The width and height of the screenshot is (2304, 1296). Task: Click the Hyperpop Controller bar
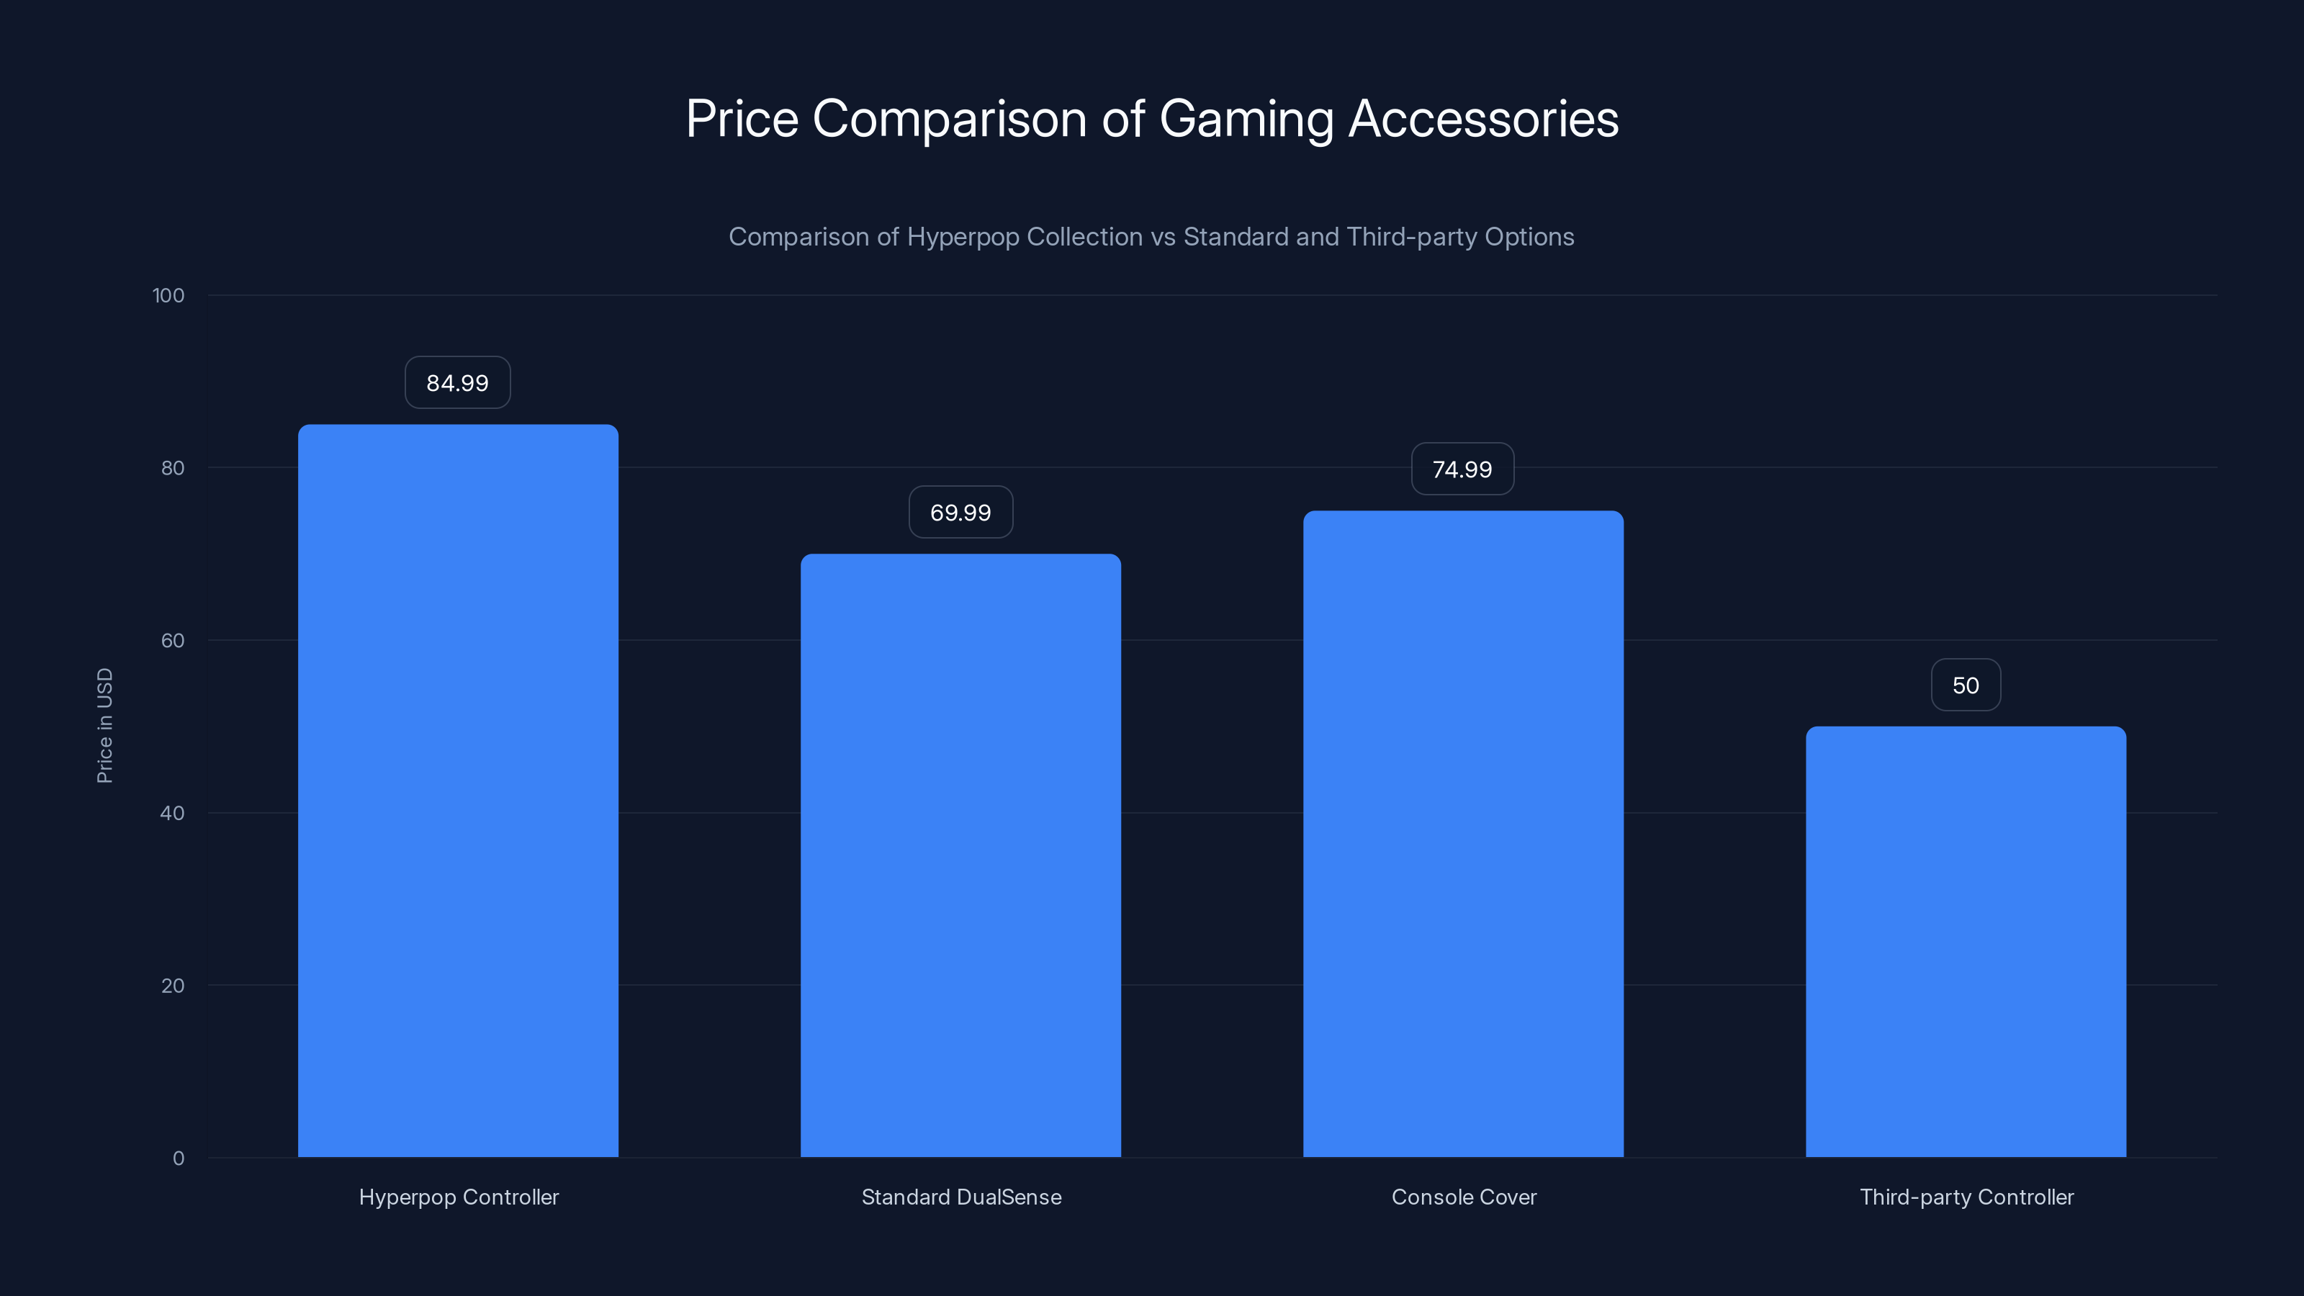[x=458, y=791]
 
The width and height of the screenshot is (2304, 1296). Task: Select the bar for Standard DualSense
[x=960, y=855]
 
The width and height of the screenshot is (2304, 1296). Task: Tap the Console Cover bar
[x=1463, y=834]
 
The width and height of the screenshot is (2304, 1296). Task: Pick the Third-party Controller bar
[x=1966, y=941]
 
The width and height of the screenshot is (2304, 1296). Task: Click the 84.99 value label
[x=457, y=383]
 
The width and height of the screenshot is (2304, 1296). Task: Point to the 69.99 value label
[x=960, y=513]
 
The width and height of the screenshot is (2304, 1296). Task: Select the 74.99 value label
[x=1462, y=469]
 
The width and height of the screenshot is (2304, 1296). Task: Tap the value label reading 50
[x=1966, y=685]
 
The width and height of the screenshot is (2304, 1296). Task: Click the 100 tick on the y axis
[x=168, y=295]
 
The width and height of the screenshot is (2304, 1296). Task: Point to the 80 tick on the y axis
[x=173, y=468]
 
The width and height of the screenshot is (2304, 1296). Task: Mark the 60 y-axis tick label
[x=173, y=640]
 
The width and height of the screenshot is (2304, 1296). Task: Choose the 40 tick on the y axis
[x=173, y=813]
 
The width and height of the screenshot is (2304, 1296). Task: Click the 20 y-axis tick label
[x=173, y=986]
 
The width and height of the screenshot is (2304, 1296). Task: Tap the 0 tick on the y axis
[x=179, y=1158]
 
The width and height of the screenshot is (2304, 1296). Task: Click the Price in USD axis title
[x=104, y=725]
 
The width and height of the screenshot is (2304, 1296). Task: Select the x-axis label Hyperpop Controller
[x=459, y=1197]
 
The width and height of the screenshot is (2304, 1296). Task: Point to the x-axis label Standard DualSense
[x=961, y=1197]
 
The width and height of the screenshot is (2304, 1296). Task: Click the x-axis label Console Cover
[x=1464, y=1197]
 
